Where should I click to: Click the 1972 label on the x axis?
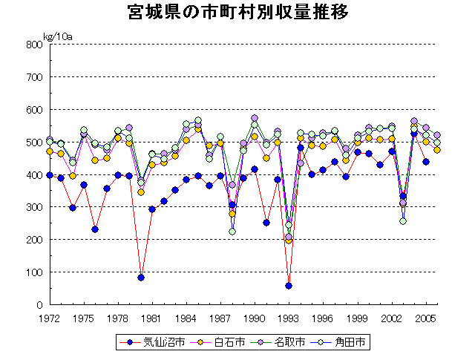(x=50, y=318)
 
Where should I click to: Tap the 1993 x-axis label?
(x=289, y=318)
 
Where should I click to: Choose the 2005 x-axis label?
(x=426, y=318)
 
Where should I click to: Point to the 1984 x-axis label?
(x=186, y=318)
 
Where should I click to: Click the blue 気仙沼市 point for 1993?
(x=289, y=286)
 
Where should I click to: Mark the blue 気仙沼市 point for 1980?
(x=141, y=278)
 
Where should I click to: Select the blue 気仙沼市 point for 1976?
(x=95, y=229)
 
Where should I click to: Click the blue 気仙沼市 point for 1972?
(x=50, y=175)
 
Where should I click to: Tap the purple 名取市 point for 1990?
(x=255, y=118)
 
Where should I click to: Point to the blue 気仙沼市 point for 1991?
(x=266, y=223)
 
